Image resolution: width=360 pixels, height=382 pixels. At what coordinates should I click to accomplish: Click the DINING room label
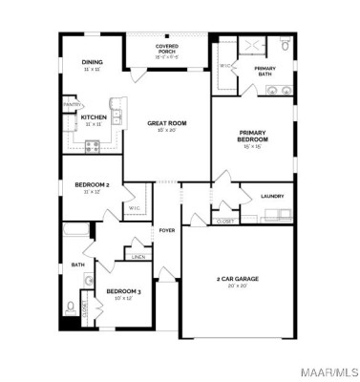(93, 63)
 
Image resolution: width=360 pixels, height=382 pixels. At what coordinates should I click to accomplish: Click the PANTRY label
(71, 104)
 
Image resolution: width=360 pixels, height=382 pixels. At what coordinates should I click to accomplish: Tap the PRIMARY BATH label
(265, 71)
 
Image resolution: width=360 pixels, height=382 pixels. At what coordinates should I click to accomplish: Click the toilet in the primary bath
(286, 46)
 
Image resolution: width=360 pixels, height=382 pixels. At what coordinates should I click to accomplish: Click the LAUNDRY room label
(272, 197)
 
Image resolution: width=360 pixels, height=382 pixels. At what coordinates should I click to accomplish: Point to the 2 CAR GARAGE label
(237, 278)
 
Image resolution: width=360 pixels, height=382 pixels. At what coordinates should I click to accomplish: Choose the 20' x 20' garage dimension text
(237, 286)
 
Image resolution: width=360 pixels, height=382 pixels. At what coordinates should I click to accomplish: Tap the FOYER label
(167, 230)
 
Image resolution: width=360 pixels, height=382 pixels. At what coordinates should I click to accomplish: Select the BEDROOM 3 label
(123, 290)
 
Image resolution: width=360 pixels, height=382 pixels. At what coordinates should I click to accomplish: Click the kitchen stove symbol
(93, 146)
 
